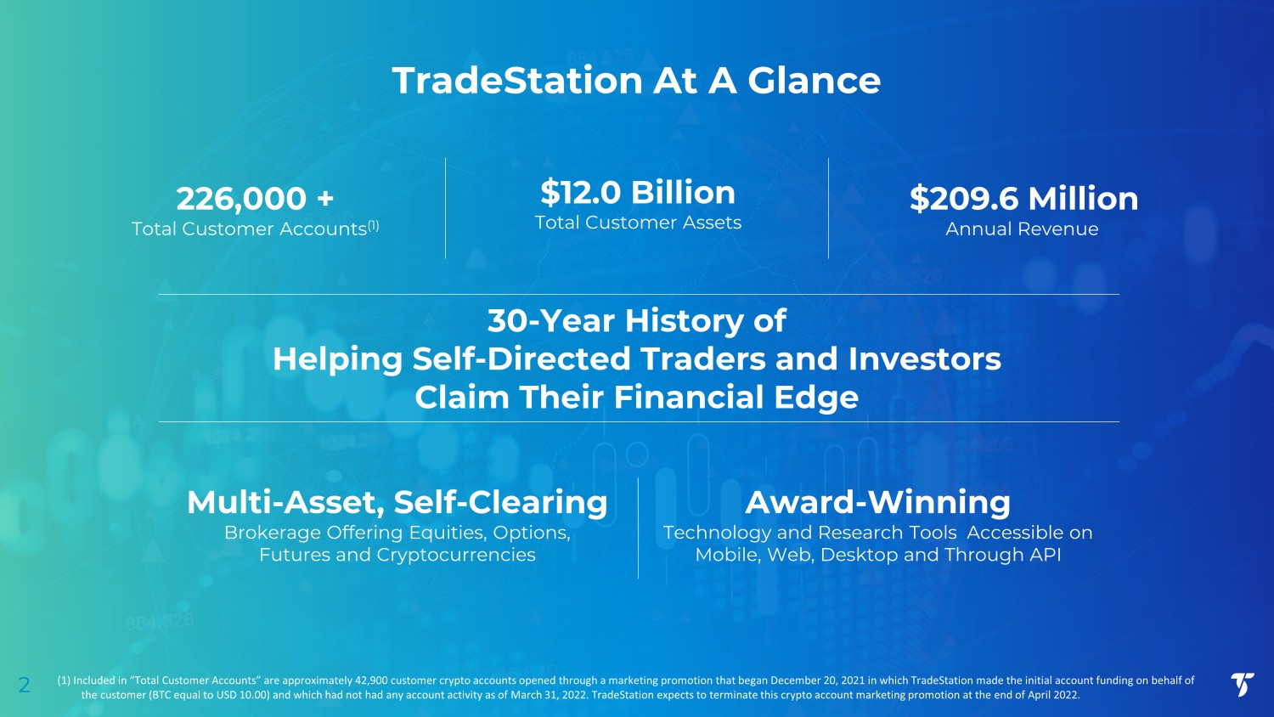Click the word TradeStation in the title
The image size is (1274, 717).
pyautogui.click(x=517, y=80)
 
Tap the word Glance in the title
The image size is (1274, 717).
pyautogui.click(x=814, y=80)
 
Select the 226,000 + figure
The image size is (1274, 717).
pyautogui.click(x=255, y=199)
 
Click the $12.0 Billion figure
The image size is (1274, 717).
pyautogui.click(x=638, y=192)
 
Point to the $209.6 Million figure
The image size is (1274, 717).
pyautogui.click(x=1023, y=199)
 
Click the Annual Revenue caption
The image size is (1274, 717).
pyautogui.click(x=1022, y=229)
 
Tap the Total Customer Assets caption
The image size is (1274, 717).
pyautogui.click(x=638, y=222)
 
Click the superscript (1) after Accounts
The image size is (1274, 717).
pyautogui.click(x=373, y=225)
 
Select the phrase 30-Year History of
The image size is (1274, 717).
pyautogui.click(x=637, y=320)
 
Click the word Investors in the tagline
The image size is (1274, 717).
pyautogui.click(x=924, y=359)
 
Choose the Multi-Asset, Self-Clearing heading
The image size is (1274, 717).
pyautogui.click(x=397, y=502)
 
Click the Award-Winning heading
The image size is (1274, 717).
pyautogui.click(x=878, y=502)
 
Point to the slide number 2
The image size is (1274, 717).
pyautogui.click(x=24, y=685)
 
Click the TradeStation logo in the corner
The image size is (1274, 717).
pyautogui.click(x=1242, y=684)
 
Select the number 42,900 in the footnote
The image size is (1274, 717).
pyautogui.click(x=371, y=680)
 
